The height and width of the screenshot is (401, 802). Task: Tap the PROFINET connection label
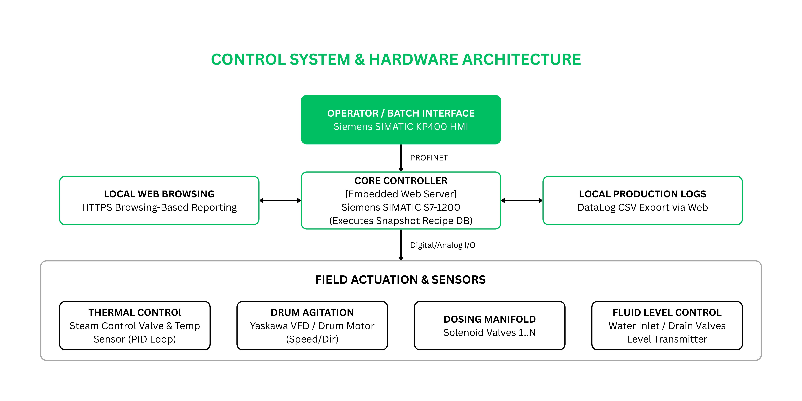click(429, 158)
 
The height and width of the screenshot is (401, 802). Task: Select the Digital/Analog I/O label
click(442, 245)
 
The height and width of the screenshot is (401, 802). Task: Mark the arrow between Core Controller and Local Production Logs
click(522, 200)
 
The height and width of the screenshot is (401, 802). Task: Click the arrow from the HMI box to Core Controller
click(401, 158)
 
